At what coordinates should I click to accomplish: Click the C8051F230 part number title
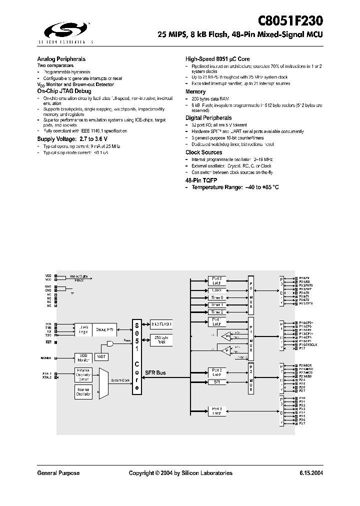[x=290, y=21]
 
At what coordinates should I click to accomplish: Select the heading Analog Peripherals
[x=61, y=58]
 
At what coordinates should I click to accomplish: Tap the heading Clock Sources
[x=203, y=152]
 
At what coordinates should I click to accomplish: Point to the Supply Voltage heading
[x=72, y=138]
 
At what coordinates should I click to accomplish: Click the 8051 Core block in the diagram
[x=136, y=357]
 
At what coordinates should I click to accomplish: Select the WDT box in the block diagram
[x=101, y=356]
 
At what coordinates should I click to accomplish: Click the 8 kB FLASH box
[x=161, y=324]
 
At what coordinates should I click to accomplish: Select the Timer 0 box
[x=216, y=297]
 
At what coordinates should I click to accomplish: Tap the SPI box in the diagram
[x=216, y=381]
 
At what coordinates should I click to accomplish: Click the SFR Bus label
[x=155, y=373]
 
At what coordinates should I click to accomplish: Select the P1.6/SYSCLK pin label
[x=308, y=345]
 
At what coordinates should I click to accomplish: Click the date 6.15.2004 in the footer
[x=311, y=473]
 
